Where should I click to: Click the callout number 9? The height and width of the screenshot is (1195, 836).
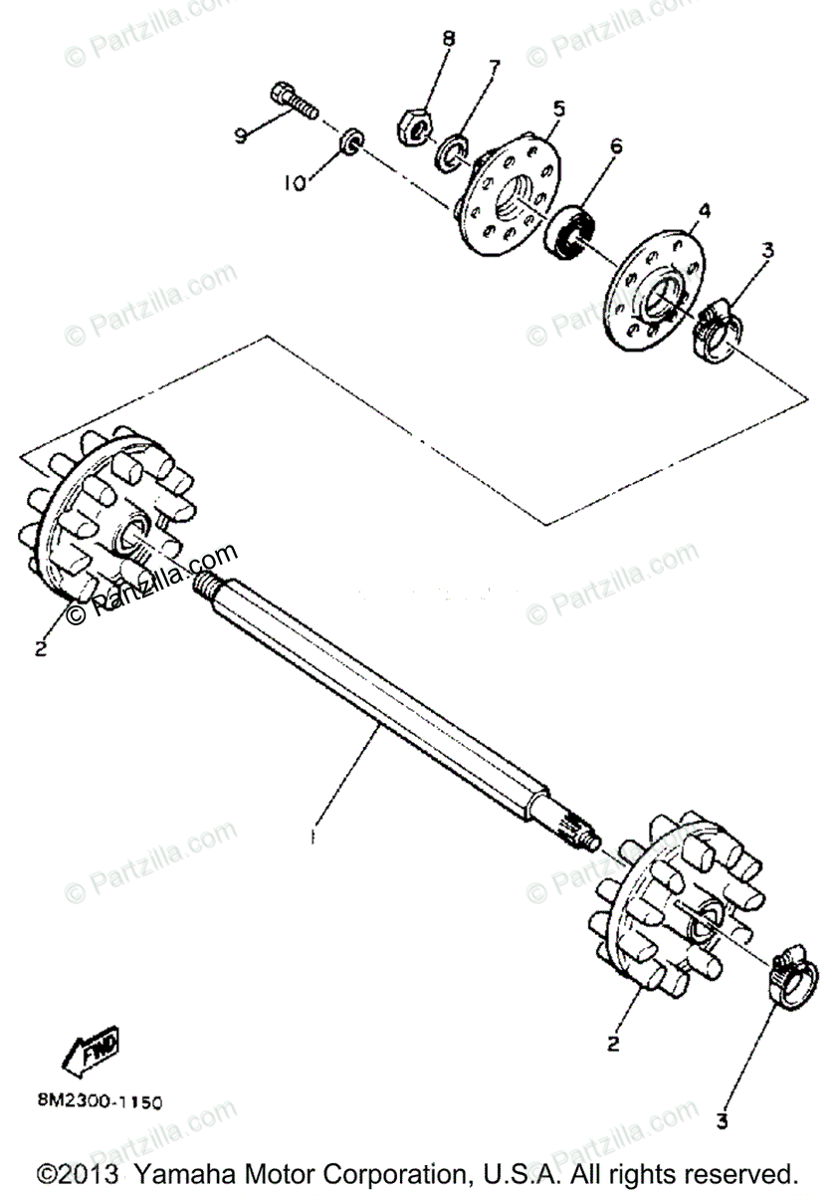[x=240, y=136]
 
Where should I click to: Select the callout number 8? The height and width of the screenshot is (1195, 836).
[x=449, y=39]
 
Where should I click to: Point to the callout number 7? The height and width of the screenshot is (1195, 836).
[x=493, y=67]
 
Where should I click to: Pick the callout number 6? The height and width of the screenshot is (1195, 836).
[x=616, y=146]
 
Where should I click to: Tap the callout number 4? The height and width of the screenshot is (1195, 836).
[x=703, y=210]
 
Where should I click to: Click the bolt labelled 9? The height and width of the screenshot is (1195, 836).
[x=292, y=101]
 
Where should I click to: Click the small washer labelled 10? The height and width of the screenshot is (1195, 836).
[x=351, y=142]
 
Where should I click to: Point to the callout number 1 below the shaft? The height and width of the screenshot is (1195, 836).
[x=313, y=837]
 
